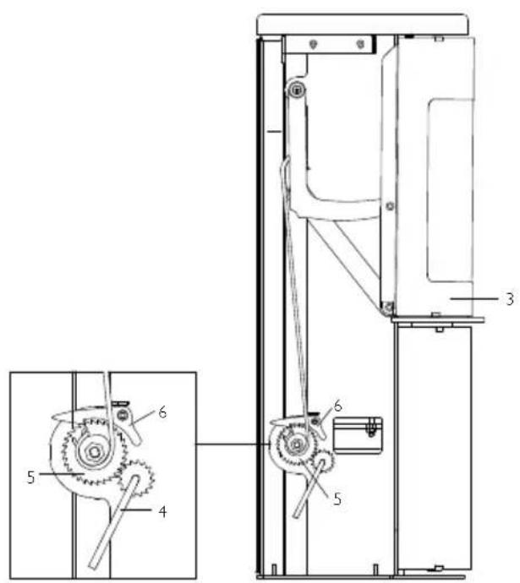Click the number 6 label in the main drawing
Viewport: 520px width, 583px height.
[x=337, y=406]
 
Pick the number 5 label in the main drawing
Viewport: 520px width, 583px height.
[x=338, y=499]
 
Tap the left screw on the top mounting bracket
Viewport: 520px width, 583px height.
[x=312, y=43]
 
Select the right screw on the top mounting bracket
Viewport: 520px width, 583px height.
[x=361, y=43]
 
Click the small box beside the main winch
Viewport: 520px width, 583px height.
[x=359, y=434]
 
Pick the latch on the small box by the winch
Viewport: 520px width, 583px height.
[x=369, y=428]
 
